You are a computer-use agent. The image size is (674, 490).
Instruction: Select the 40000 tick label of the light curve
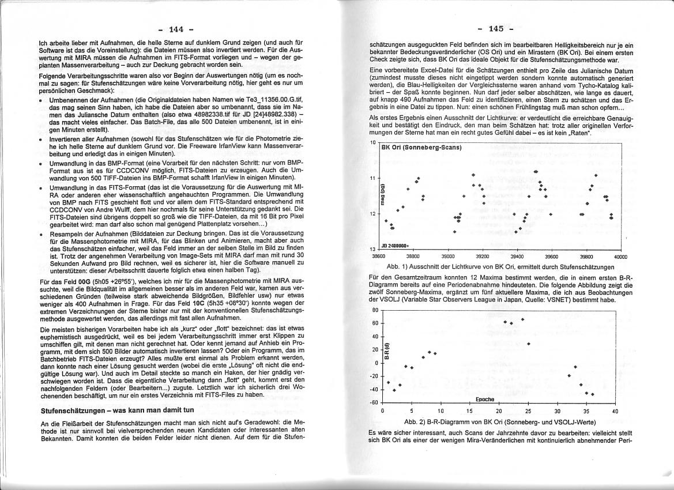tap(620, 257)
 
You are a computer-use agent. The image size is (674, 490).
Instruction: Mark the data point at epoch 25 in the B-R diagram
tap(528, 344)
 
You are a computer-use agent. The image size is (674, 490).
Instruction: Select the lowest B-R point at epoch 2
tap(394, 390)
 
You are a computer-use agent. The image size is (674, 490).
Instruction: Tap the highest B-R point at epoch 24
tap(522, 319)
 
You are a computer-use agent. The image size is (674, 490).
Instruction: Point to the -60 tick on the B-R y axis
tap(374, 402)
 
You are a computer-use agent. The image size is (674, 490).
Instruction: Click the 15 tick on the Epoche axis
tap(469, 411)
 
